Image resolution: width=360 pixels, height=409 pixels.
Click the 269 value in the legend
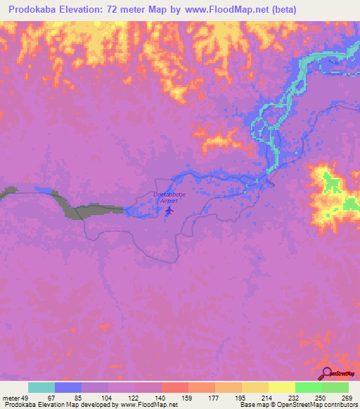pos(346,398)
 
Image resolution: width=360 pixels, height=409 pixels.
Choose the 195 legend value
pos(240,398)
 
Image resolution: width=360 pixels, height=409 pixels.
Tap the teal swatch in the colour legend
pos(41,387)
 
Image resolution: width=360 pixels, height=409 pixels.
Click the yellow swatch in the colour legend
pos(281,387)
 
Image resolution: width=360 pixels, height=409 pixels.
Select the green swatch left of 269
pos(335,387)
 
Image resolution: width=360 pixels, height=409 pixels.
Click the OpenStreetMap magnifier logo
pos(328,373)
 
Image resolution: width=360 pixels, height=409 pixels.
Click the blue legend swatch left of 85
pos(68,387)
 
